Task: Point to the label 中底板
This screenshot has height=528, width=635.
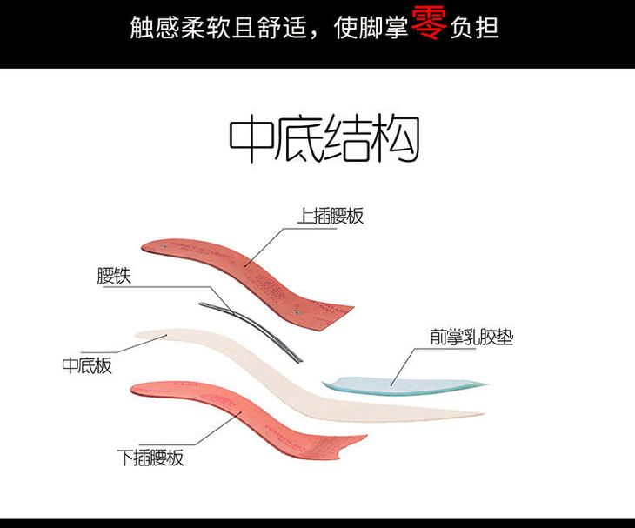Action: tap(87, 365)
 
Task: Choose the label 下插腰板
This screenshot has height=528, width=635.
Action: tap(150, 458)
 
